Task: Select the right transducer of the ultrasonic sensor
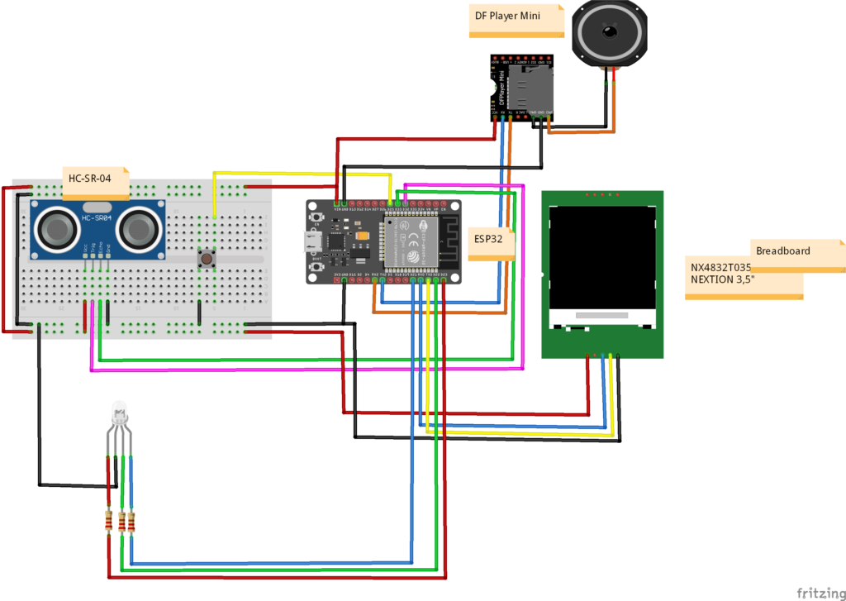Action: (138, 226)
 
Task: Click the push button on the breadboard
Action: (206, 260)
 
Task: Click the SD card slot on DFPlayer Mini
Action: (521, 87)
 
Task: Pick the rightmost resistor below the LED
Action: (131, 522)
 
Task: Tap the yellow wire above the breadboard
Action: (297, 174)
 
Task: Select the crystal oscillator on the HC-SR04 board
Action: (97, 207)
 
